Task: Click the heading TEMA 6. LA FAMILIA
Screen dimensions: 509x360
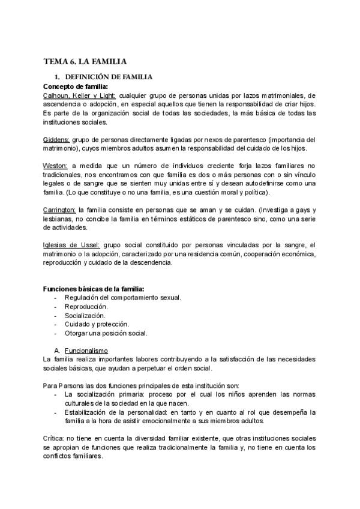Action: pos(85,61)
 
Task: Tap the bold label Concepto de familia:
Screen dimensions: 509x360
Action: pos(71,86)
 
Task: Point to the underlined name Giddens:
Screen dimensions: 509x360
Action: pos(56,140)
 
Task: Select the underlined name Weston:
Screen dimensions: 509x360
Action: pos(55,166)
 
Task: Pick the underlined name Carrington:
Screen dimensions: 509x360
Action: pos(59,210)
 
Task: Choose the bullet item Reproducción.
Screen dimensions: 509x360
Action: pos(86,306)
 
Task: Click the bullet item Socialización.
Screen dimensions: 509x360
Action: pos(85,315)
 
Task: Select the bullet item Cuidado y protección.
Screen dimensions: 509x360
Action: pos(96,324)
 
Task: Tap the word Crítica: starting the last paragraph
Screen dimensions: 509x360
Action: pos(55,439)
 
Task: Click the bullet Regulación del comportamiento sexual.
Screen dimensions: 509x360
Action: pos(123,298)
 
